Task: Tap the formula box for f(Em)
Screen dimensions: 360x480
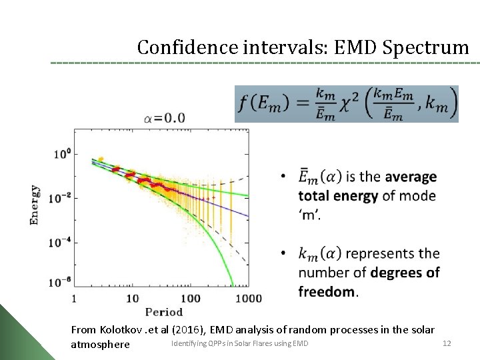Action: [347, 103]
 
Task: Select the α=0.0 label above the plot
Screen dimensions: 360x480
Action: [164, 119]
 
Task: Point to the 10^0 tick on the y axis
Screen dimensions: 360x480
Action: [62, 153]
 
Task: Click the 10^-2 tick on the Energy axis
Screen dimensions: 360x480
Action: [60, 197]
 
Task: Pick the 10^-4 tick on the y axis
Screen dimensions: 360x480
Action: [60, 243]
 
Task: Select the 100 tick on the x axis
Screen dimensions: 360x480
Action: [192, 298]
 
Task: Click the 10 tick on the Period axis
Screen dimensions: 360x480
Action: [133, 298]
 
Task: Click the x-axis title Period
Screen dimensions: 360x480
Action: [163, 312]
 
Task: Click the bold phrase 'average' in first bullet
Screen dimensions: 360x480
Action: [411, 177]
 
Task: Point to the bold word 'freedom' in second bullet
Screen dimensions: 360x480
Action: [327, 291]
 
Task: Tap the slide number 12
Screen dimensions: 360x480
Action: [447, 343]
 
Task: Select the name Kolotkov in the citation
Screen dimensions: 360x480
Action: [121, 330]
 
